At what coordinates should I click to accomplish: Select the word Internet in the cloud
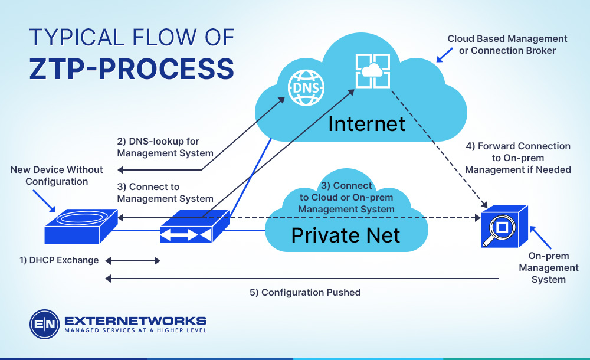[366, 123]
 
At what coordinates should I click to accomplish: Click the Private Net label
[346, 235]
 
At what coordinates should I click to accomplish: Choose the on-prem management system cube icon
[504, 228]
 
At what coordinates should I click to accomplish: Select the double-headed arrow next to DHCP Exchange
[133, 260]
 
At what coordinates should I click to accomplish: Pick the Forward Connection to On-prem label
[517, 158]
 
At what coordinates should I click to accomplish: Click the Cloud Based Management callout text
[507, 44]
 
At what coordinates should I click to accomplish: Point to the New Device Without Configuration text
[57, 175]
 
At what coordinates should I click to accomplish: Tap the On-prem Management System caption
[548, 267]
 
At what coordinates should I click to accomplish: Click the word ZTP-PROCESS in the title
[132, 69]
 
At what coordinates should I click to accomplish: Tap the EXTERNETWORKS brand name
[135, 320]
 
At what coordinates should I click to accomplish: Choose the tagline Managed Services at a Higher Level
[135, 331]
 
